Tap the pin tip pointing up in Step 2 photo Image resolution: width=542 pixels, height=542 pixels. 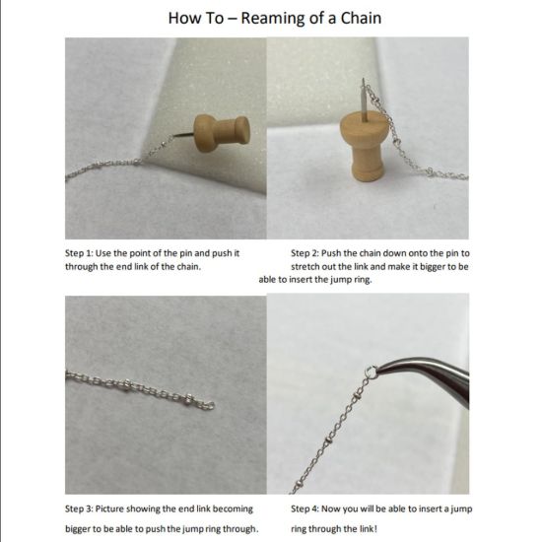pos(363,84)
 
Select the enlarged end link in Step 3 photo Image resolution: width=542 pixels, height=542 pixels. pos(208,404)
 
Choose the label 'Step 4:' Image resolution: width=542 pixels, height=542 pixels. pos(309,509)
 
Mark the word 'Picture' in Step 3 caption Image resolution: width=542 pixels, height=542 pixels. pos(122,509)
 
